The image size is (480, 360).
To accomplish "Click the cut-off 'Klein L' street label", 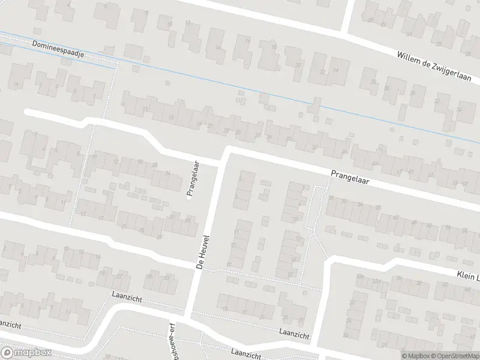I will click(x=467, y=274).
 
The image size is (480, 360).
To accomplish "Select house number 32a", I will click(x=359, y=276).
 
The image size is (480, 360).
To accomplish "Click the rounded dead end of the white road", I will click(x=26, y=112).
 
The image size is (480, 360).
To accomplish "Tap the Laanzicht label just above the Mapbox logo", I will click(x=8, y=324).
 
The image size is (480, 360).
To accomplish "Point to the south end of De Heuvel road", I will click(x=188, y=314).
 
